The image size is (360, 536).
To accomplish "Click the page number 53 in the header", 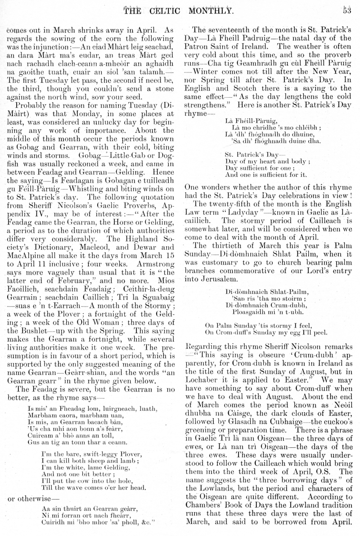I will click(x=346, y=10).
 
